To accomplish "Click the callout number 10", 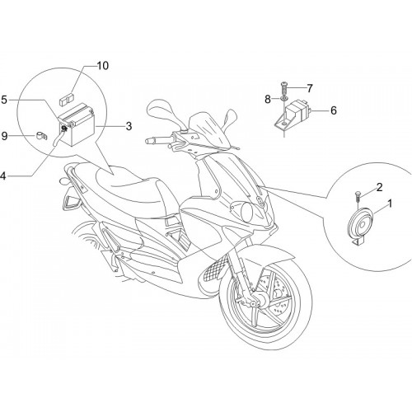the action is [x=103, y=66].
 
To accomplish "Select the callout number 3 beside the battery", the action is [x=129, y=126].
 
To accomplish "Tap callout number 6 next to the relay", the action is [x=333, y=110].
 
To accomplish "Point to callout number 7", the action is [x=310, y=88].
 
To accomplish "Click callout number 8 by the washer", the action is [x=268, y=99].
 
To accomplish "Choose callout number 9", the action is [x=4, y=136].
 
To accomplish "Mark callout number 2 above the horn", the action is [x=379, y=187].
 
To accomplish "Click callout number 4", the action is [x=3, y=176].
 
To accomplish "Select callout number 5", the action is [x=4, y=100].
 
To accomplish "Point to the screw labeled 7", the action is [x=283, y=88].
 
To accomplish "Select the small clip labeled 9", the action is [x=41, y=135].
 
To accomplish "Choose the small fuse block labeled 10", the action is [x=67, y=99].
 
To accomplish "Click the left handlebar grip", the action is [x=155, y=141].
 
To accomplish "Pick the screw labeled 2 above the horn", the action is [x=358, y=196].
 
